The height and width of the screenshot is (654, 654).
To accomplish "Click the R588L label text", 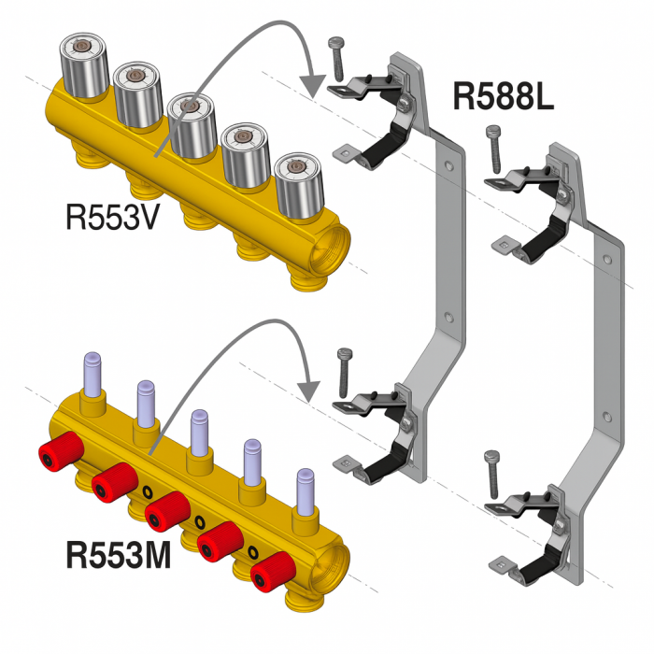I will pyautogui.click(x=505, y=95).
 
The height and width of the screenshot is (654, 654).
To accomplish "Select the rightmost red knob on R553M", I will pyautogui.click(x=270, y=567).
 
